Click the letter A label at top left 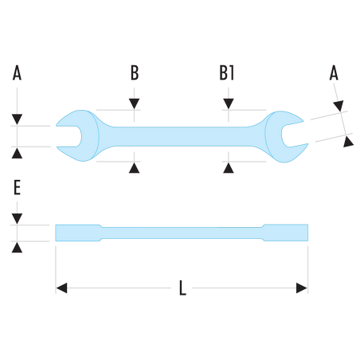point(17,72)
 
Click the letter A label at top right point(334,72)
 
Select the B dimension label point(135,72)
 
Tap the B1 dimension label point(227,72)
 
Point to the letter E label point(17,187)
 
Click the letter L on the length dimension point(182,288)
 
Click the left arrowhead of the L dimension point(62,288)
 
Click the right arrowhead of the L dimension point(302,288)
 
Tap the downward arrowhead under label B point(135,104)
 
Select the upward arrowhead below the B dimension point(135,168)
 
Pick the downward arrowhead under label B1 point(229,104)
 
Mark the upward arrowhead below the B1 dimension point(229,168)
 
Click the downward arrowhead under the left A point(17,119)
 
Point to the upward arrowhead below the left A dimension point(17,153)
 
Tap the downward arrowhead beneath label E point(17,219)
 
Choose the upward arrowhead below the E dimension point(17,247)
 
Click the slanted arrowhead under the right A point(338,106)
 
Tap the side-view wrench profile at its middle point(182,233)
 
